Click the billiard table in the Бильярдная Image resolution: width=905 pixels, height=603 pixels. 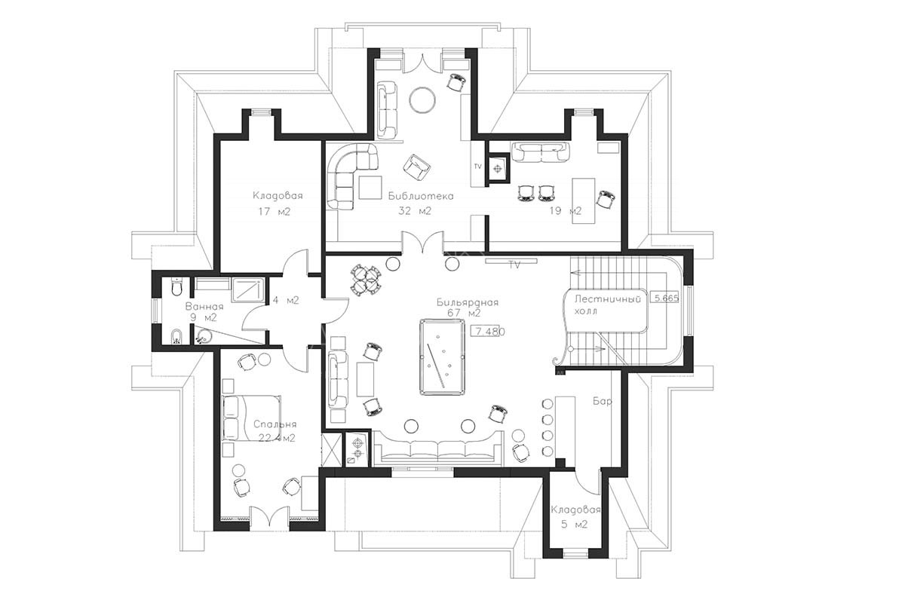click(443, 357)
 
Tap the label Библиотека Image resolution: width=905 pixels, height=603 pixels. click(421, 196)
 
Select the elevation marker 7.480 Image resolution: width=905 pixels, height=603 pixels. click(488, 332)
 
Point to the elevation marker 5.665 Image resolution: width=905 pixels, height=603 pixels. click(665, 298)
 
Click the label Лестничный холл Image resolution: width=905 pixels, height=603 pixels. click(607, 305)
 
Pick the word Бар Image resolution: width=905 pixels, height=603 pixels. click(603, 401)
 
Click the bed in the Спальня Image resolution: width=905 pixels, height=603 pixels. click(251, 418)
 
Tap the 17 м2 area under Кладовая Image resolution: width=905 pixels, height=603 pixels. click(275, 212)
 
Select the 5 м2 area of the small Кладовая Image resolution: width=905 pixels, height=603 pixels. click(574, 525)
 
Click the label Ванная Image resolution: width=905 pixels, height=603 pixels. click(204, 307)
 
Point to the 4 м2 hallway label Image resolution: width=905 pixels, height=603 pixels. click(285, 301)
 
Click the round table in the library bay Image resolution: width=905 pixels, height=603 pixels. click(422, 99)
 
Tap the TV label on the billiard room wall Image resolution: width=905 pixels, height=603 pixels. click(514, 265)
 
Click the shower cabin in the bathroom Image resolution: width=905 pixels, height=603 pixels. click(248, 290)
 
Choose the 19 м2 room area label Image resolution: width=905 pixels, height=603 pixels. click(565, 211)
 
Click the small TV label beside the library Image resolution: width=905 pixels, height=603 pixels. click(477, 167)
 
